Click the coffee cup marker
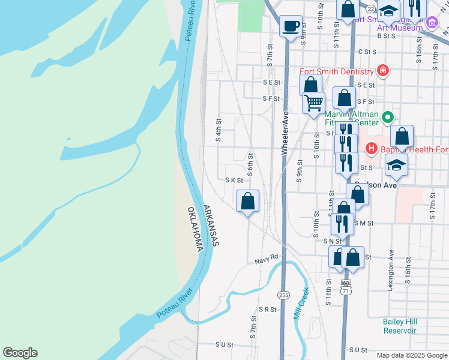(291, 26)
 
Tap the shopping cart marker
(313, 103)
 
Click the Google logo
(20, 353)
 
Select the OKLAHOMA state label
(193, 230)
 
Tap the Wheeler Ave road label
(286, 133)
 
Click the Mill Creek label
(301, 304)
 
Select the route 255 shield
(284, 295)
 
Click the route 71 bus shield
(345, 286)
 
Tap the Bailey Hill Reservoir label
(399, 326)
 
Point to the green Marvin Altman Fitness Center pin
(388, 116)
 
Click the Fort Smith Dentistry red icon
(383, 71)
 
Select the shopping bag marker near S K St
(248, 201)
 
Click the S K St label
(234, 180)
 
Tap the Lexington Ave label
(391, 270)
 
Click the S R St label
(267, 310)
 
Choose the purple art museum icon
(432, 24)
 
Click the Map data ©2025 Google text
(412, 355)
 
